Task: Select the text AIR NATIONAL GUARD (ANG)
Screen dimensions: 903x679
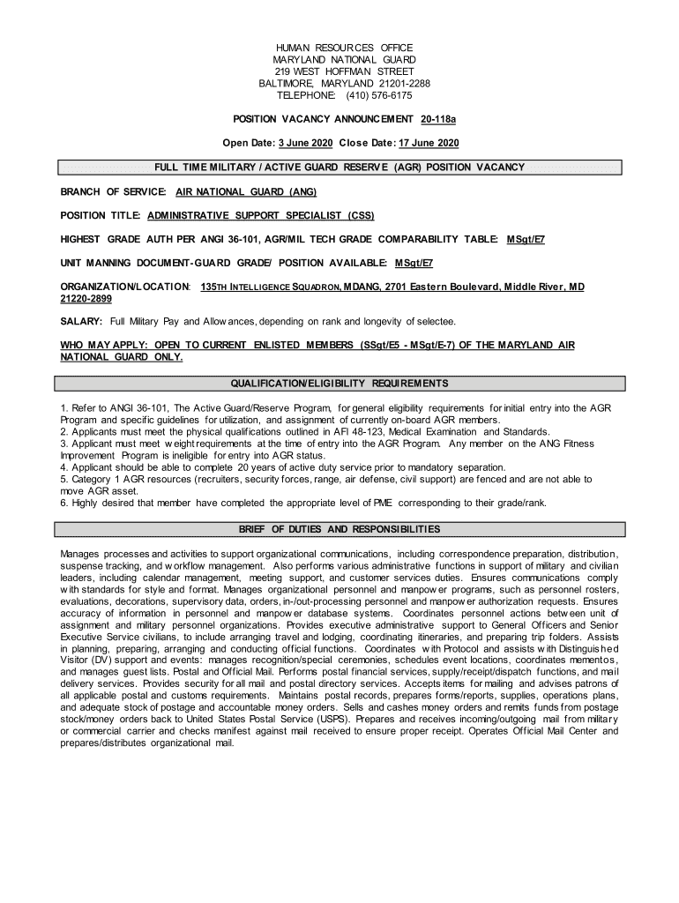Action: click(x=245, y=191)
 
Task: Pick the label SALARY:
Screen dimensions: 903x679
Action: click(x=81, y=321)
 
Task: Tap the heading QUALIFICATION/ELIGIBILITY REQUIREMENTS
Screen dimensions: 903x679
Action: click(x=339, y=384)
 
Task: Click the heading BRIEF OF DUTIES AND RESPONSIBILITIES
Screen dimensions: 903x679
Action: click(x=339, y=529)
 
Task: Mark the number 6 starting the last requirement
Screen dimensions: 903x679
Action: click(x=63, y=503)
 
